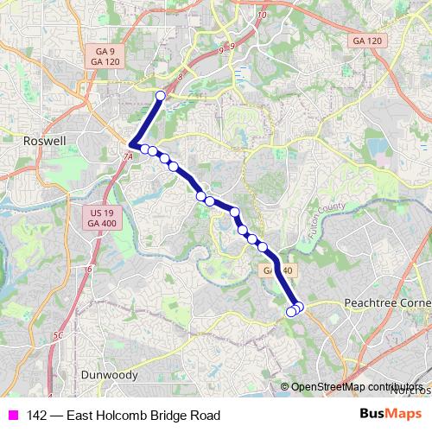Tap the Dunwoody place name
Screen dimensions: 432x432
(x=109, y=375)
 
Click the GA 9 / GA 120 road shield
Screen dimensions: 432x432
(x=98, y=56)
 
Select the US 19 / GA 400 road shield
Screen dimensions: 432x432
(x=100, y=218)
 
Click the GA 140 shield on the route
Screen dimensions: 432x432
(x=278, y=270)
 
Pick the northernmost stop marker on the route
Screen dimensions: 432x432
(x=160, y=95)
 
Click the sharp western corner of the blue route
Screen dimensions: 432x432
(x=131, y=145)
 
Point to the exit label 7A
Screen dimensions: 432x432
(x=128, y=157)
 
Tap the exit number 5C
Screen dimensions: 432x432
(x=58, y=334)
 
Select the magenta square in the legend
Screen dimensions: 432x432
(x=13, y=416)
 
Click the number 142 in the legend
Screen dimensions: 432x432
(x=37, y=416)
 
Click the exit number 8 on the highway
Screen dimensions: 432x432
(x=181, y=77)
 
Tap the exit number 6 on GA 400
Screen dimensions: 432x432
(x=89, y=269)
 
